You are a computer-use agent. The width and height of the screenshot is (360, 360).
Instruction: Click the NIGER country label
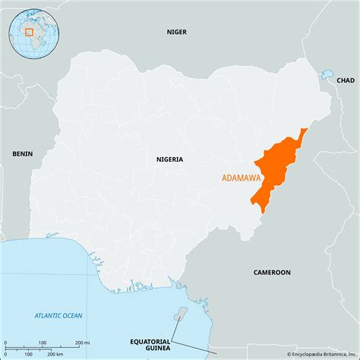(x=176, y=32)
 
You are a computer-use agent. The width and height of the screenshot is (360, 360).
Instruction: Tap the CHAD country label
(x=345, y=80)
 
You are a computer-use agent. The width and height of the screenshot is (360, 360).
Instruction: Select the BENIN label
(x=23, y=153)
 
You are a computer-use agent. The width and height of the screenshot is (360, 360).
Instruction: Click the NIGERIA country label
(x=169, y=159)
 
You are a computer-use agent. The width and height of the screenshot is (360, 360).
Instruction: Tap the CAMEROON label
(x=272, y=271)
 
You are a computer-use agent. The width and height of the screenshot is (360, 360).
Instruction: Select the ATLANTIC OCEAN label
(x=58, y=315)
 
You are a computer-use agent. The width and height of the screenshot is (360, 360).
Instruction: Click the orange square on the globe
(x=29, y=32)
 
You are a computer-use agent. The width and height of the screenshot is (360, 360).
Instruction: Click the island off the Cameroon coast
(x=179, y=314)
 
